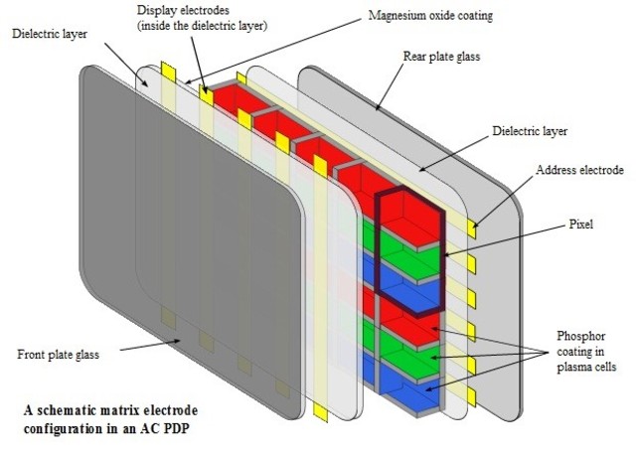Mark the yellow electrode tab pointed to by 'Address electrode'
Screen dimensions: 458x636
pos(474,227)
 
